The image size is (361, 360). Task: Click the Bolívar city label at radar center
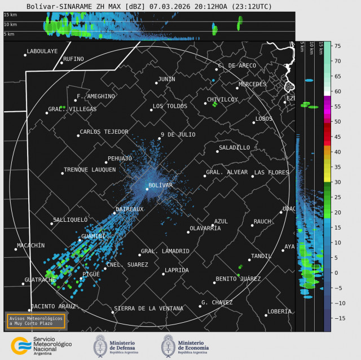pyautogui.click(x=160, y=185)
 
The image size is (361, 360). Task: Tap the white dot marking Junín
pyautogui.click(x=156, y=83)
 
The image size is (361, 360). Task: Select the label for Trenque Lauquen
pyautogui.click(x=90, y=169)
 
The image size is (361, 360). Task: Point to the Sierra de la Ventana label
pyautogui.click(x=148, y=309)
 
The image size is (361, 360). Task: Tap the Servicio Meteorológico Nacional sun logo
pyautogui.click(x=21, y=345)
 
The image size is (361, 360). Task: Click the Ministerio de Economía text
pyautogui.click(x=193, y=346)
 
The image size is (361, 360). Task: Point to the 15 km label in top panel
pyautogui.click(x=10, y=15)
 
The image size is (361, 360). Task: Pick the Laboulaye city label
pyautogui.click(x=42, y=51)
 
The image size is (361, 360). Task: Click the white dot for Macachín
pyautogui.click(x=16, y=249)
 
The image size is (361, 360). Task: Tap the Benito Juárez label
pyautogui.click(x=238, y=279)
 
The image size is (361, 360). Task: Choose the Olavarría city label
pyautogui.click(x=205, y=228)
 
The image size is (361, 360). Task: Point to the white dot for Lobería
pyautogui.click(x=266, y=315)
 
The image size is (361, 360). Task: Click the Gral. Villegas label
pyautogui.click(x=72, y=109)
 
